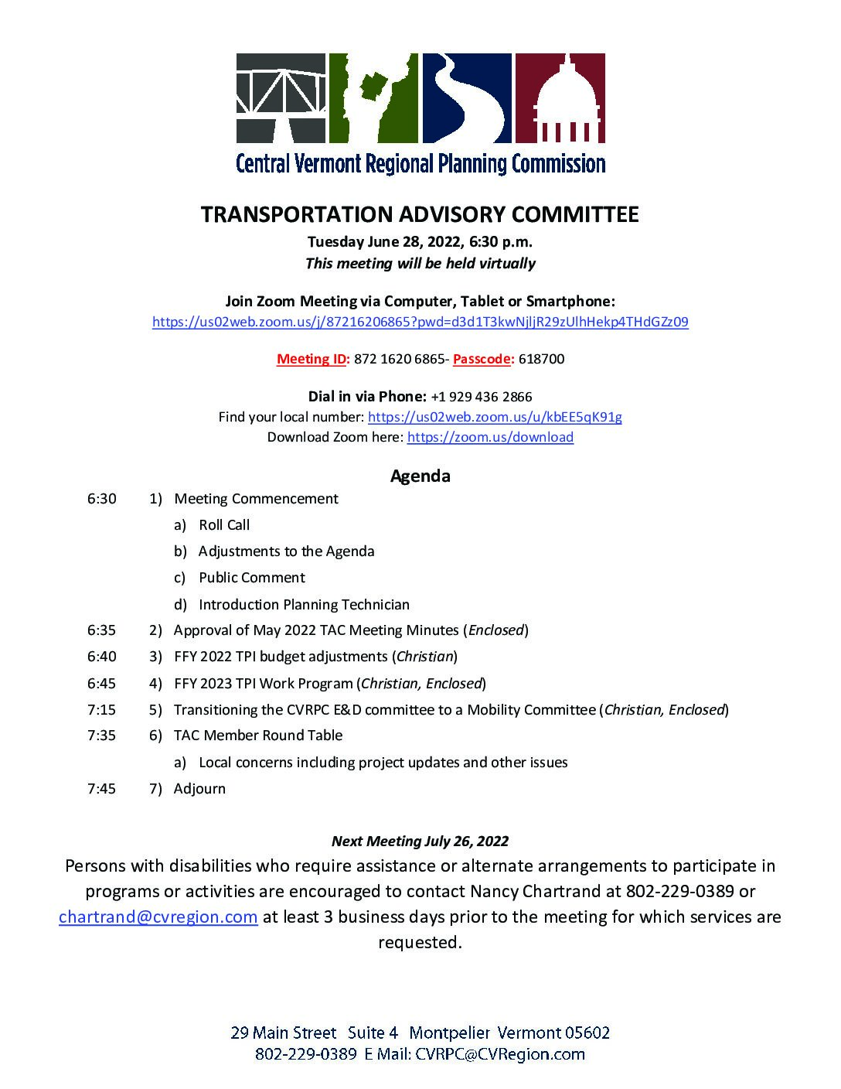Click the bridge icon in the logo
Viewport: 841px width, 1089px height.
(x=280, y=99)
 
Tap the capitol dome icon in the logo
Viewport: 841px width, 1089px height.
(x=560, y=99)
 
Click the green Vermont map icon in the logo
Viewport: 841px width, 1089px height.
(x=373, y=99)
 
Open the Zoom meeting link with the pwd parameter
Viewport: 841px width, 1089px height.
(x=420, y=322)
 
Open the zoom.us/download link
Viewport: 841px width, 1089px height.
(x=490, y=437)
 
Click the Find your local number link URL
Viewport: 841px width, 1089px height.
(x=495, y=417)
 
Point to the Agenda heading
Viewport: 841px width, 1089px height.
(x=420, y=476)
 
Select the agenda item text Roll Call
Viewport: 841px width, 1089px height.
(x=224, y=525)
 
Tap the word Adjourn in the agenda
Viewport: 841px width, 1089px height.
(x=199, y=789)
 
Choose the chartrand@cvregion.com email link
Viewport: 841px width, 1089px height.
(x=158, y=917)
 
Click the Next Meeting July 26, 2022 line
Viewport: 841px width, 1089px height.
(x=420, y=841)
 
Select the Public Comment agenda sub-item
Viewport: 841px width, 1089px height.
(x=251, y=578)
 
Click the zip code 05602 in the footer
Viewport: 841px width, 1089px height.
(x=587, y=1033)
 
